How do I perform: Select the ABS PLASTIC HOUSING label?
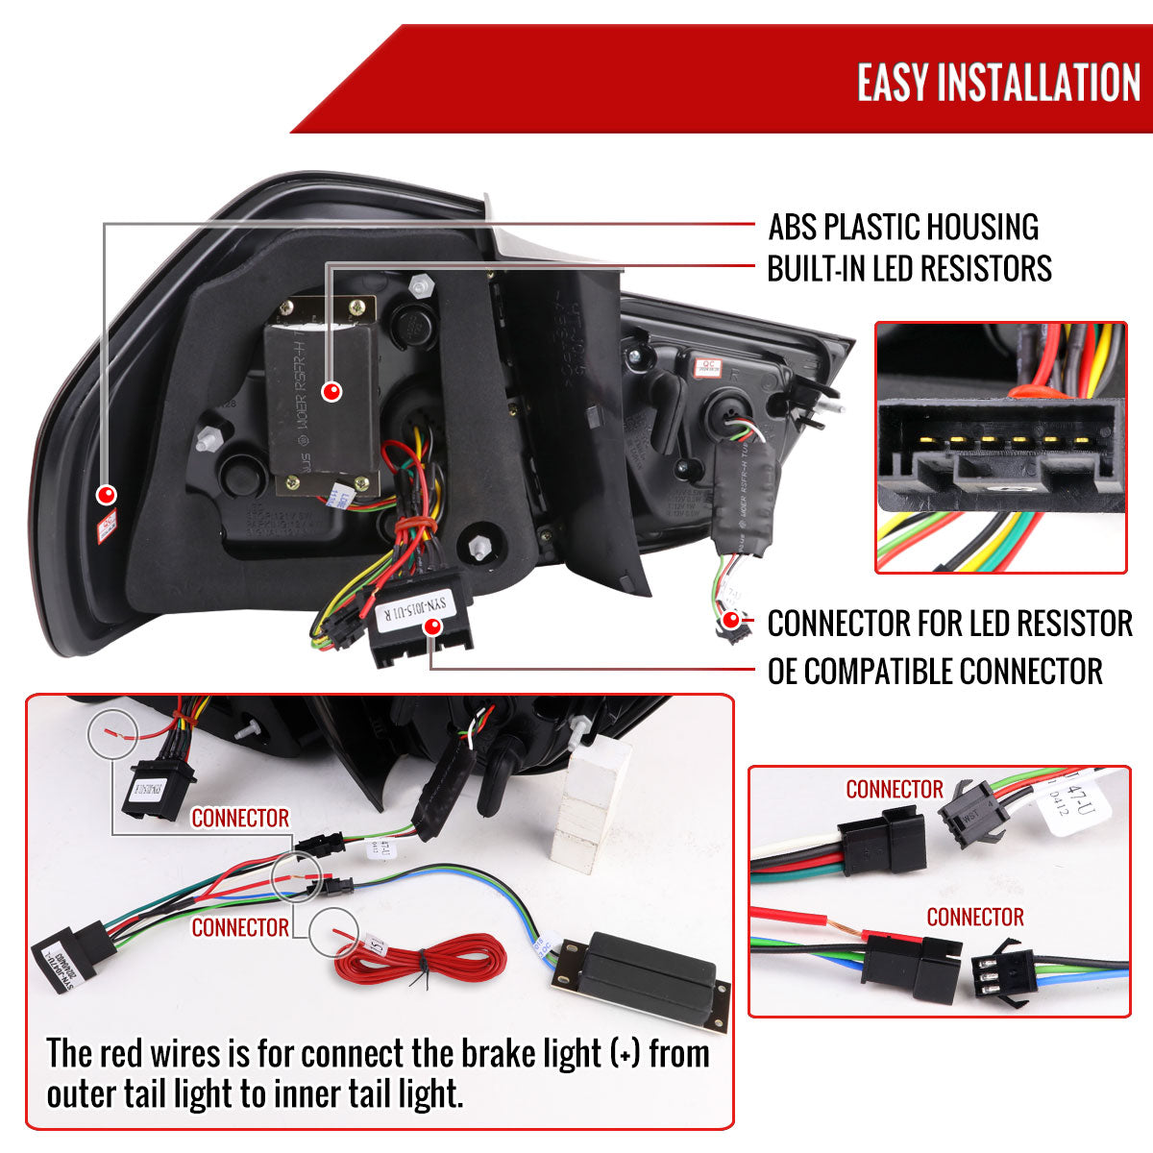tap(902, 227)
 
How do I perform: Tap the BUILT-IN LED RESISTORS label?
tap(909, 269)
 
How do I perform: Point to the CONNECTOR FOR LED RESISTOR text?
tap(949, 624)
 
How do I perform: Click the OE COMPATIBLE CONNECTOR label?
tap(934, 671)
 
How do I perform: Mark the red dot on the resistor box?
tap(331, 391)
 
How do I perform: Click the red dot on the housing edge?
tap(107, 495)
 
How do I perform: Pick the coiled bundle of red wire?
tap(421, 962)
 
